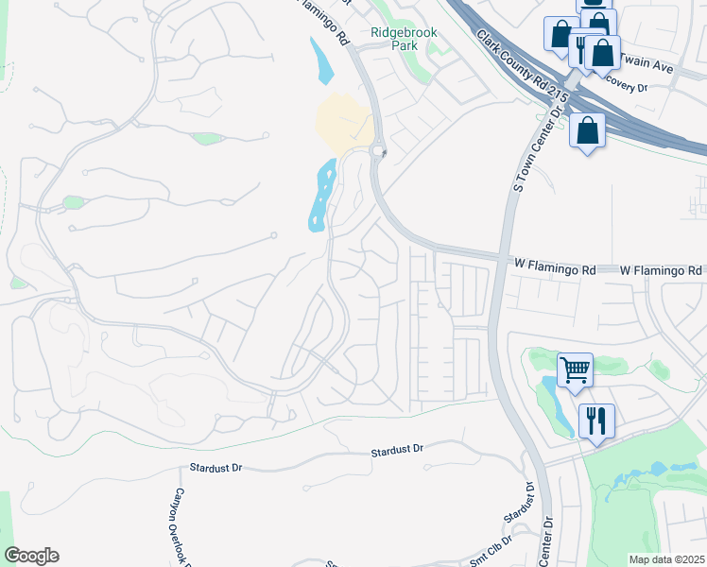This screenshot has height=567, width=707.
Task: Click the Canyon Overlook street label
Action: (x=180, y=524)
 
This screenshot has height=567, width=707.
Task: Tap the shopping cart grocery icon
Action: (x=575, y=369)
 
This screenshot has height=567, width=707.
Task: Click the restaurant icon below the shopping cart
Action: (x=595, y=420)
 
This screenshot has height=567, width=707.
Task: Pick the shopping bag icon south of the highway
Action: (x=587, y=130)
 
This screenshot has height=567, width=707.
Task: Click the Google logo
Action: (x=31, y=556)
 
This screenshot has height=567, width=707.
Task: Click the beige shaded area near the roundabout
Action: (x=343, y=123)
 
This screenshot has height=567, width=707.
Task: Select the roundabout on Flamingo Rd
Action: (x=378, y=152)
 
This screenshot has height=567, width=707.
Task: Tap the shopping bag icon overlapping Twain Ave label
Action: (x=602, y=53)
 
